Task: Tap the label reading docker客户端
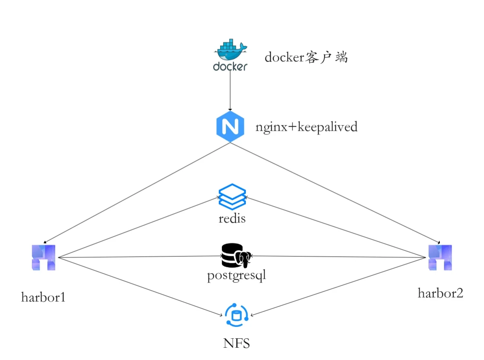point(306,57)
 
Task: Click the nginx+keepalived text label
point(306,127)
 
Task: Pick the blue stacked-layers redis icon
point(232,197)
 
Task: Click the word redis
point(232,219)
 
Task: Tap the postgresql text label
point(236,275)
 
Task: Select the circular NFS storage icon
point(236,316)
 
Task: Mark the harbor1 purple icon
point(43,257)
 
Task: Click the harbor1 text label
point(43,297)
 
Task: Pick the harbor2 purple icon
point(440,257)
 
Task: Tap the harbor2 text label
point(440,293)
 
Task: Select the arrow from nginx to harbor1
point(137,192)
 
